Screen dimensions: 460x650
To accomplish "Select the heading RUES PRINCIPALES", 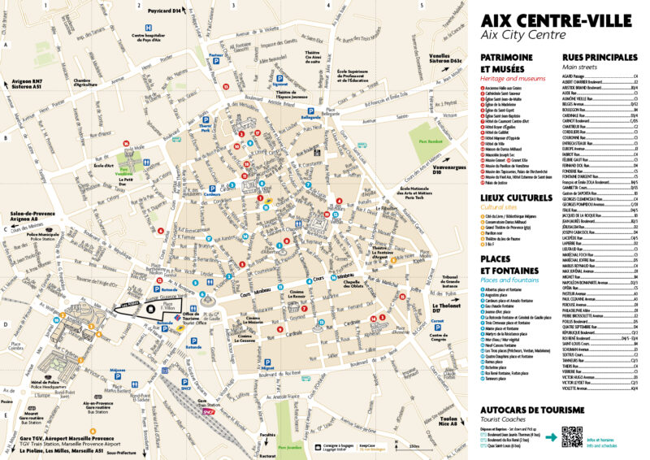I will pos(599,58).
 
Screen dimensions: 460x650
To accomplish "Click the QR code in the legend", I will pos(572,436).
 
